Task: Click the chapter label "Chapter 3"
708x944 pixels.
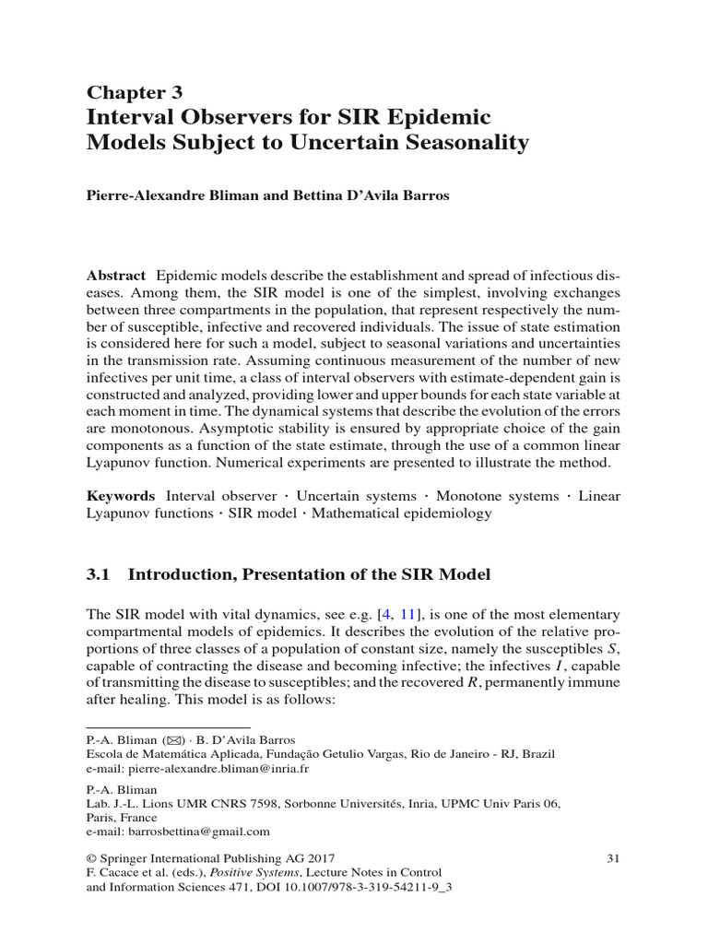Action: pyautogui.click(x=135, y=91)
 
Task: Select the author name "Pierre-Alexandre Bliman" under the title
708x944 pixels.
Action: pyautogui.click(x=169, y=197)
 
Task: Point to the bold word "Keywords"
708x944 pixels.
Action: pyautogui.click(x=120, y=496)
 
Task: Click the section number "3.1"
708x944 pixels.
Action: pyautogui.click(x=99, y=574)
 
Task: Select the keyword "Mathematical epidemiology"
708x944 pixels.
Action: pyautogui.click(x=402, y=513)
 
